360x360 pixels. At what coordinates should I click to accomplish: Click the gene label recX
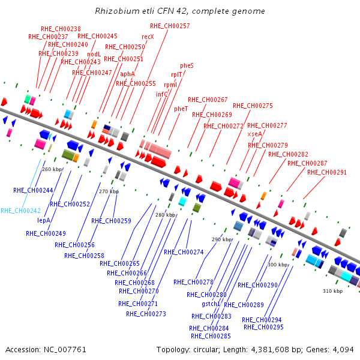pos(148,37)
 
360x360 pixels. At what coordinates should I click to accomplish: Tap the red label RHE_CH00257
pos(170,26)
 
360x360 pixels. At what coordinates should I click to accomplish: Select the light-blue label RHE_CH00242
pos(20,211)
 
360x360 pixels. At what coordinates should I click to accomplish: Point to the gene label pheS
pos(187,65)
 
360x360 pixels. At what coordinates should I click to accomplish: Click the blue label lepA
pos(44,220)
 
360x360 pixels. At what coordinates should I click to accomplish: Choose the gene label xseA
pos(254,134)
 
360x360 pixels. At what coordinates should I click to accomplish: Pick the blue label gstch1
pos(211,304)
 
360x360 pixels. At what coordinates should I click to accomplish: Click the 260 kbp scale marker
pos(52,169)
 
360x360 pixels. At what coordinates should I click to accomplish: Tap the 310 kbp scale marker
pos(332,291)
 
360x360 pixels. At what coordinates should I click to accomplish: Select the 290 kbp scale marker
pos(222,239)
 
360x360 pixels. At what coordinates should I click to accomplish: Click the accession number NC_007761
pos(65,350)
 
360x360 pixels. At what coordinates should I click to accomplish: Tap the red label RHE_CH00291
pos(327,172)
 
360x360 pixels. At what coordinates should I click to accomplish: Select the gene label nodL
pos(94,54)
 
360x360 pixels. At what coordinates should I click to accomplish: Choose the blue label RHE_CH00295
pos(263,327)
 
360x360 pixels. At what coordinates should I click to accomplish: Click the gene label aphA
pos(127,74)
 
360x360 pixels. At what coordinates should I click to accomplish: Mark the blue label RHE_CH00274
pos(184,253)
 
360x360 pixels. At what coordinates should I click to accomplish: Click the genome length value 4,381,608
pos(270,350)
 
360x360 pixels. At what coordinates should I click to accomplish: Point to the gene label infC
pos(162,94)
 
